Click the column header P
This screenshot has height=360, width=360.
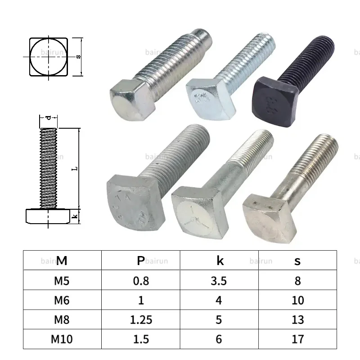pyautogui.click(x=141, y=261)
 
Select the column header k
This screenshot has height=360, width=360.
pyautogui.click(x=220, y=261)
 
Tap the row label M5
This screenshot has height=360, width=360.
pyautogui.click(x=62, y=281)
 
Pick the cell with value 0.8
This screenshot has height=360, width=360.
pyautogui.click(x=141, y=281)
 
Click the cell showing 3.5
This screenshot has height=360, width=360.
pyautogui.click(x=219, y=281)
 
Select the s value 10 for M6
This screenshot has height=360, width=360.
pyautogui.click(x=298, y=300)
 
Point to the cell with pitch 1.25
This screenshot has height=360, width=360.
pyautogui.click(x=141, y=319)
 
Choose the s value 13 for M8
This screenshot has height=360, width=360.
pyautogui.click(x=298, y=319)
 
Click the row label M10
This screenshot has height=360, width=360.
pyautogui.click(x=62, y=339)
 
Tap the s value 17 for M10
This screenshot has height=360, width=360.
pyautogui.click(x=298, y=339)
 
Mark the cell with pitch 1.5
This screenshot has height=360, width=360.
pyautogui.click(x=141, y=339)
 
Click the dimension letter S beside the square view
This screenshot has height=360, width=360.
pyautogui.click(x=78, y=57)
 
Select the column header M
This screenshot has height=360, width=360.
pyautogui.click(x=62, y=261)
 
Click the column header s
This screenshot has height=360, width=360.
pyautogui.click(x=298, y=261)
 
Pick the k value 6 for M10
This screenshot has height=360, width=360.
pyautogui.click(x=219, y=339)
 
